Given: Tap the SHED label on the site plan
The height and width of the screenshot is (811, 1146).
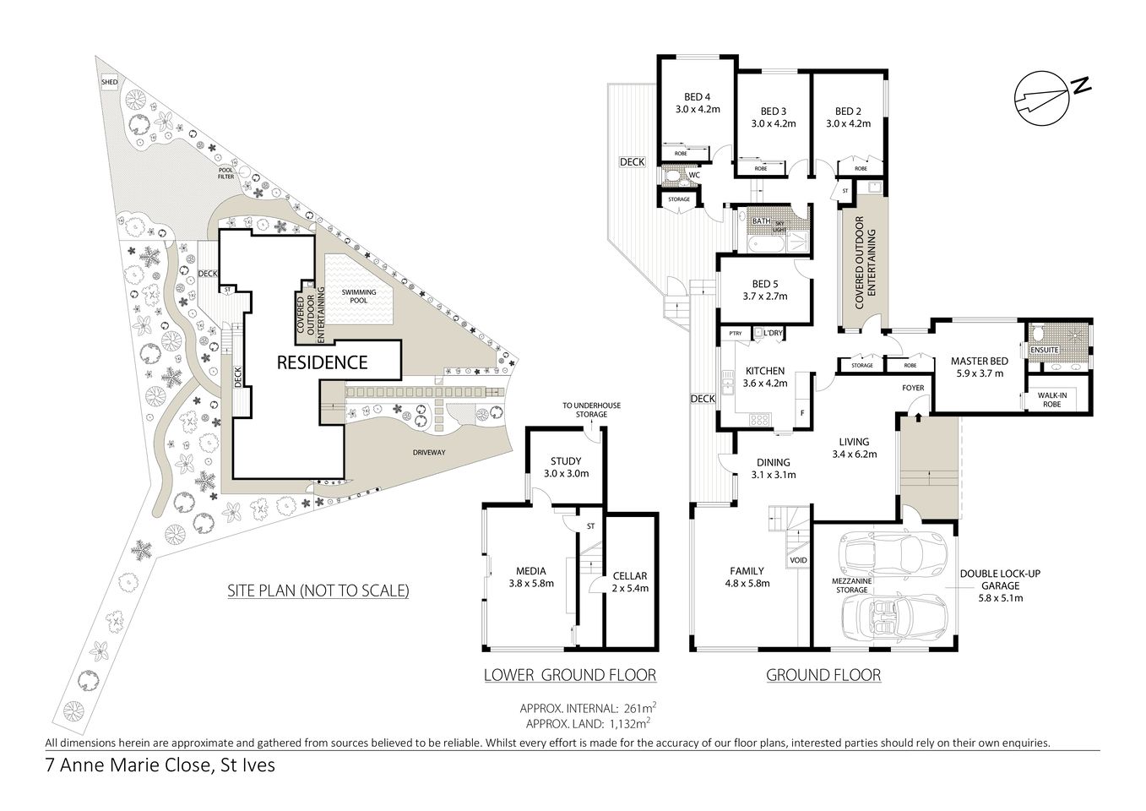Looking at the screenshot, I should point(110,82).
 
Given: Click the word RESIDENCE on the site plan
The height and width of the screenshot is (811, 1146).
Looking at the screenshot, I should point(323,362).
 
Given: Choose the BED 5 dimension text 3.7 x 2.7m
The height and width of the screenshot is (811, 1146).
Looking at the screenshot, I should point(764,297).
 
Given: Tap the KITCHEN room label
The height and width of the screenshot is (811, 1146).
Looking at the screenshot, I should point(764,371).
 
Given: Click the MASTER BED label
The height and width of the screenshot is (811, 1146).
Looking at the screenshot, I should point(975,360).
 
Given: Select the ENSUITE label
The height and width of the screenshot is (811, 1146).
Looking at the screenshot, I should point(1044,348).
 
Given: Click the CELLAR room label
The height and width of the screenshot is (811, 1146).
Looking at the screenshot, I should point(630,576).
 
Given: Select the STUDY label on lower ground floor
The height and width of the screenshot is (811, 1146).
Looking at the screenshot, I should point(566,461).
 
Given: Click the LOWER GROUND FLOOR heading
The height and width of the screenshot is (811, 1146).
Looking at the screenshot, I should point(569,675).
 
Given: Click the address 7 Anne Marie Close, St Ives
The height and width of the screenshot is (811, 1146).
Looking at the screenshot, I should point(160,767).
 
